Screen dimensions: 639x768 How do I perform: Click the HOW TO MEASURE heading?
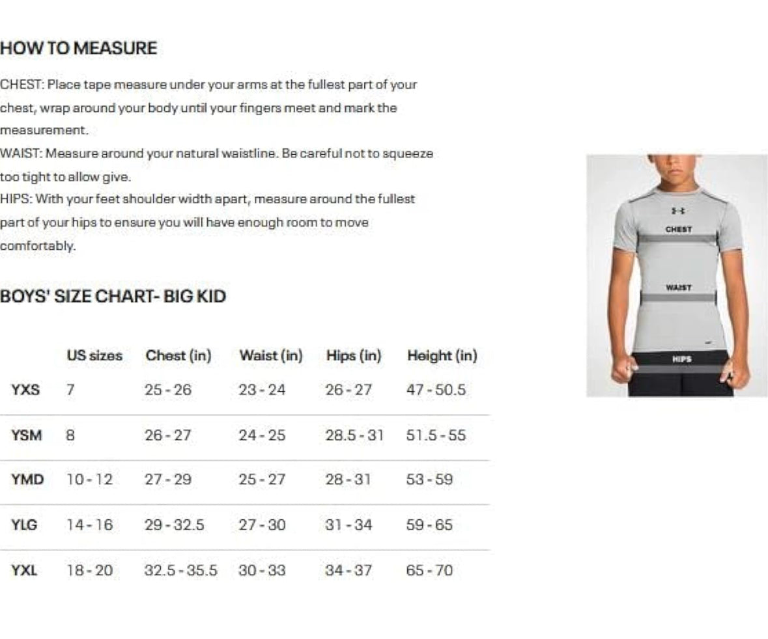(x=79, y=48)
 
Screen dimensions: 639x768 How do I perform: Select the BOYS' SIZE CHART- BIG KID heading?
(x=113, y=297)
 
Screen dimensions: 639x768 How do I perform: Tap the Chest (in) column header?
(x=178, y=356)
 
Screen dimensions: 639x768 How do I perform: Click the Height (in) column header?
(x=442, y=356)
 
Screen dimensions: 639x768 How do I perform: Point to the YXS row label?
(x=25, y=390)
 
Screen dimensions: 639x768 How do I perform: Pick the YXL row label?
(x=24, y=571)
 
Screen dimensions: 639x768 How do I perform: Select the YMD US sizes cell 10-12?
(x=89, y=480)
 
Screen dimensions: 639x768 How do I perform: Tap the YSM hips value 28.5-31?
(x=354, y=435)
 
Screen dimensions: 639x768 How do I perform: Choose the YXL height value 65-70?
(x=429, y=571)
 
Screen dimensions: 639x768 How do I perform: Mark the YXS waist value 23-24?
(x=262, y=390)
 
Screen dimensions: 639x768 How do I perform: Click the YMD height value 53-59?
(x=429, y=480)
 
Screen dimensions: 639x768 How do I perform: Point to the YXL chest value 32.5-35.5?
(x=180, y=571)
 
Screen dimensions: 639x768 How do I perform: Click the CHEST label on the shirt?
(x=678, y=230)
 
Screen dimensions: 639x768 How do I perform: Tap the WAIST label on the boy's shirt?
(x=678, y=288)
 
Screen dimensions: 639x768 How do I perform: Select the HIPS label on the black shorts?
(x=681, y=359)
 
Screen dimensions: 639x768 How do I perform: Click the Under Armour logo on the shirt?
(x=677, y=211)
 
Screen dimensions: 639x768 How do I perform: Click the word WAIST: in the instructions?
(x=21, y=154)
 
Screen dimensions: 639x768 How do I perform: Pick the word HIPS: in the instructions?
(x=16, y=199)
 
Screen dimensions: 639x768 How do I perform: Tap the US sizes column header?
(x=94, y=356)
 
